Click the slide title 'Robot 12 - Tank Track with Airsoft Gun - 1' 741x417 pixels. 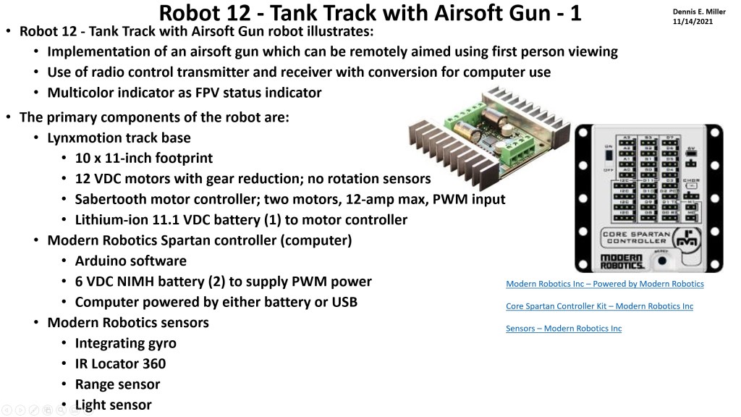point(370,13)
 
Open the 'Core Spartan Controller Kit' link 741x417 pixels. point(599,306)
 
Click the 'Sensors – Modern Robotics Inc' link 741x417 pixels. point(563,329)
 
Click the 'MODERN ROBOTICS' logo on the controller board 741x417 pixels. point(622,263)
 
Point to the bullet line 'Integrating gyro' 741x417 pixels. point(125,343)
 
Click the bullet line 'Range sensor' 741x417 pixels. point(117,384)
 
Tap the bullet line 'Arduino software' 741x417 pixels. point(130,261)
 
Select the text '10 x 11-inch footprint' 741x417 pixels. point(143,158)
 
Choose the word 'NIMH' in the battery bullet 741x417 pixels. point(153,282)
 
